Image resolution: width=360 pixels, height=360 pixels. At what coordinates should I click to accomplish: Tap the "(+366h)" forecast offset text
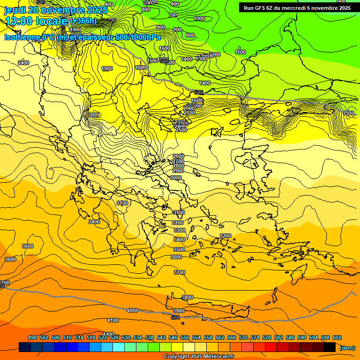(83, 21)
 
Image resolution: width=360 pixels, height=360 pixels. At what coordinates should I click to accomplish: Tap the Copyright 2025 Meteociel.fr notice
(198, 357)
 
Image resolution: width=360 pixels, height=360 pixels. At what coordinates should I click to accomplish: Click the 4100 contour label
(113, 320)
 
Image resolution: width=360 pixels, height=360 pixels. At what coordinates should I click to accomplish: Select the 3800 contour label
(187, 298)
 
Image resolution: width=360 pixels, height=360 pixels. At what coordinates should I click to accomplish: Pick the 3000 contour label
(176, 178)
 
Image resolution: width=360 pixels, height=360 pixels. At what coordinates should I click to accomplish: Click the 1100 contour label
(240, 52)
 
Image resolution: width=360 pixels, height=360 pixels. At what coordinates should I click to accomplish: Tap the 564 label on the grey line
(175, 318)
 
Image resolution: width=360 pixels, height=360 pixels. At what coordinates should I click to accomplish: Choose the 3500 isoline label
(179, 250)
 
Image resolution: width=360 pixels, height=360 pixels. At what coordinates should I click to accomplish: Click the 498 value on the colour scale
(32, 338)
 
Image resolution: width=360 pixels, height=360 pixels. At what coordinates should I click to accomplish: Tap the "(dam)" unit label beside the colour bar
(347, 348)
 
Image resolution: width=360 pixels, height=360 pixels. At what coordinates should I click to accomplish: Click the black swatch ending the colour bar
(330, 347)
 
